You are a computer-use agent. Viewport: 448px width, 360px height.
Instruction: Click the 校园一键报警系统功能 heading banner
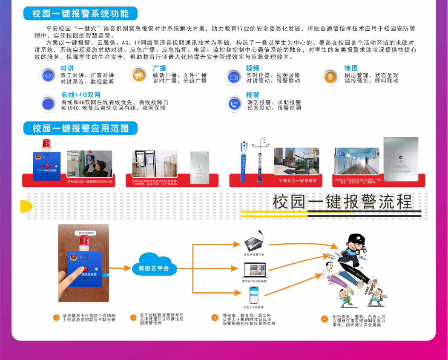click(80, 14)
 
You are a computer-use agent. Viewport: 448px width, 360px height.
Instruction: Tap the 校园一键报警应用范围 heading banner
click(80, 128)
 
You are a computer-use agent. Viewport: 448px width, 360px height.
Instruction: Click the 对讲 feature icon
click(47, 76)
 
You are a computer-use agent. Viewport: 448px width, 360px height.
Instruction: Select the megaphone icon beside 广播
click(139, 76)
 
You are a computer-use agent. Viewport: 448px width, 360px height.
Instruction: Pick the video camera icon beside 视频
click(233, 77)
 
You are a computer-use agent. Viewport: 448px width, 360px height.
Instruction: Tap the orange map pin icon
click(329, 77)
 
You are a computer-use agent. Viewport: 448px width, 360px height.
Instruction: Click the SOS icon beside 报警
click(233, 104)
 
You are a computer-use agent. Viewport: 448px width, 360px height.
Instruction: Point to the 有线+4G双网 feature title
click(80, 95)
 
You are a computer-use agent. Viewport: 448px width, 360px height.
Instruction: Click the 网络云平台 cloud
click(154, 268)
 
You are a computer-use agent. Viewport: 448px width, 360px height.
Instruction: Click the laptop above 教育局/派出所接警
click(254, 271)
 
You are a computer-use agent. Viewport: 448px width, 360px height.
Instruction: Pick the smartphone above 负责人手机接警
click(254, 295)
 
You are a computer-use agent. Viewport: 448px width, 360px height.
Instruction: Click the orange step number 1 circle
click(56, 317)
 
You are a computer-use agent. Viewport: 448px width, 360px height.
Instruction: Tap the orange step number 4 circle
click(325, 319)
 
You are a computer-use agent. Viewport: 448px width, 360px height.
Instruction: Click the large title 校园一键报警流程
click(342, 202)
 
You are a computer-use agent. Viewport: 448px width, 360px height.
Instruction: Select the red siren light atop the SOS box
click(46, 144)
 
